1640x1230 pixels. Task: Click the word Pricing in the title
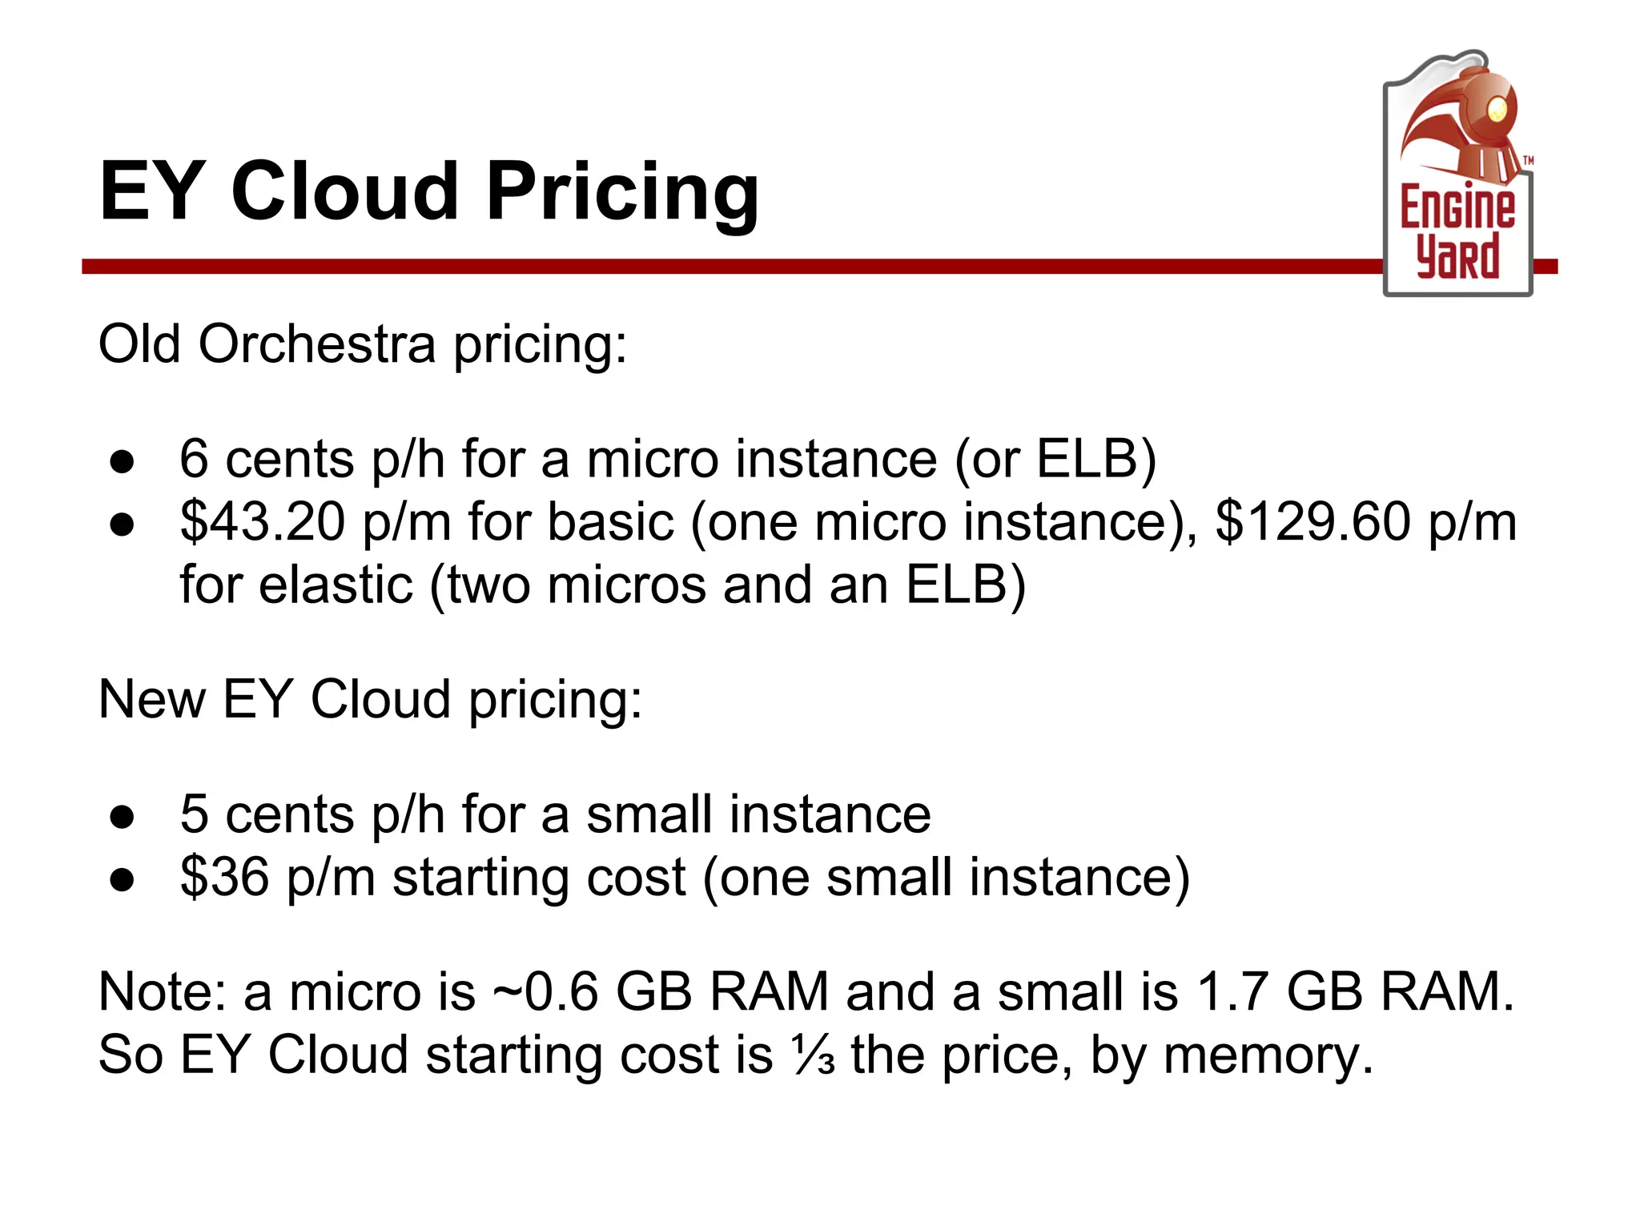(x=622, y=192)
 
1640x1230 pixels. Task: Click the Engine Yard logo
(x=1457, y=176)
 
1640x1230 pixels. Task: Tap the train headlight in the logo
(x=1496, y=110)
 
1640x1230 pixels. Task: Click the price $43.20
(x=263, y=522)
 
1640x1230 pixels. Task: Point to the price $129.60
(x=1312, y=522)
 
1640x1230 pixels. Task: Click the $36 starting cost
(x=224, y=877)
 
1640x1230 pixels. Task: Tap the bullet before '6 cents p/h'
(x=123, y=463)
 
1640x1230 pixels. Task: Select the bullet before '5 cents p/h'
(x=123, y=818)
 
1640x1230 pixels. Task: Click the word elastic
(x=336, y=585)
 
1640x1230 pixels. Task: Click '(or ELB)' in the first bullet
(x=1055, y=460)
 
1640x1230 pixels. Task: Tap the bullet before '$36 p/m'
(x=123, y=881)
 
